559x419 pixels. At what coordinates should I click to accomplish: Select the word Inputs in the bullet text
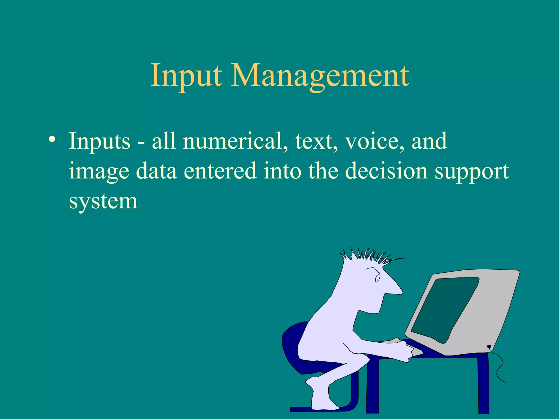[100, 141]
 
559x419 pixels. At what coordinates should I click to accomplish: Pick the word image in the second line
[99, 171]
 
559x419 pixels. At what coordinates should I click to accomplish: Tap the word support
[472, 171]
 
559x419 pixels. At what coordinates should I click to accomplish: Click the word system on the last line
[103, 201]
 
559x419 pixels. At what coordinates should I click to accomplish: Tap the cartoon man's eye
[377, 278]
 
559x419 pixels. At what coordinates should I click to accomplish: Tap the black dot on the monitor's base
[489, 346]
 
